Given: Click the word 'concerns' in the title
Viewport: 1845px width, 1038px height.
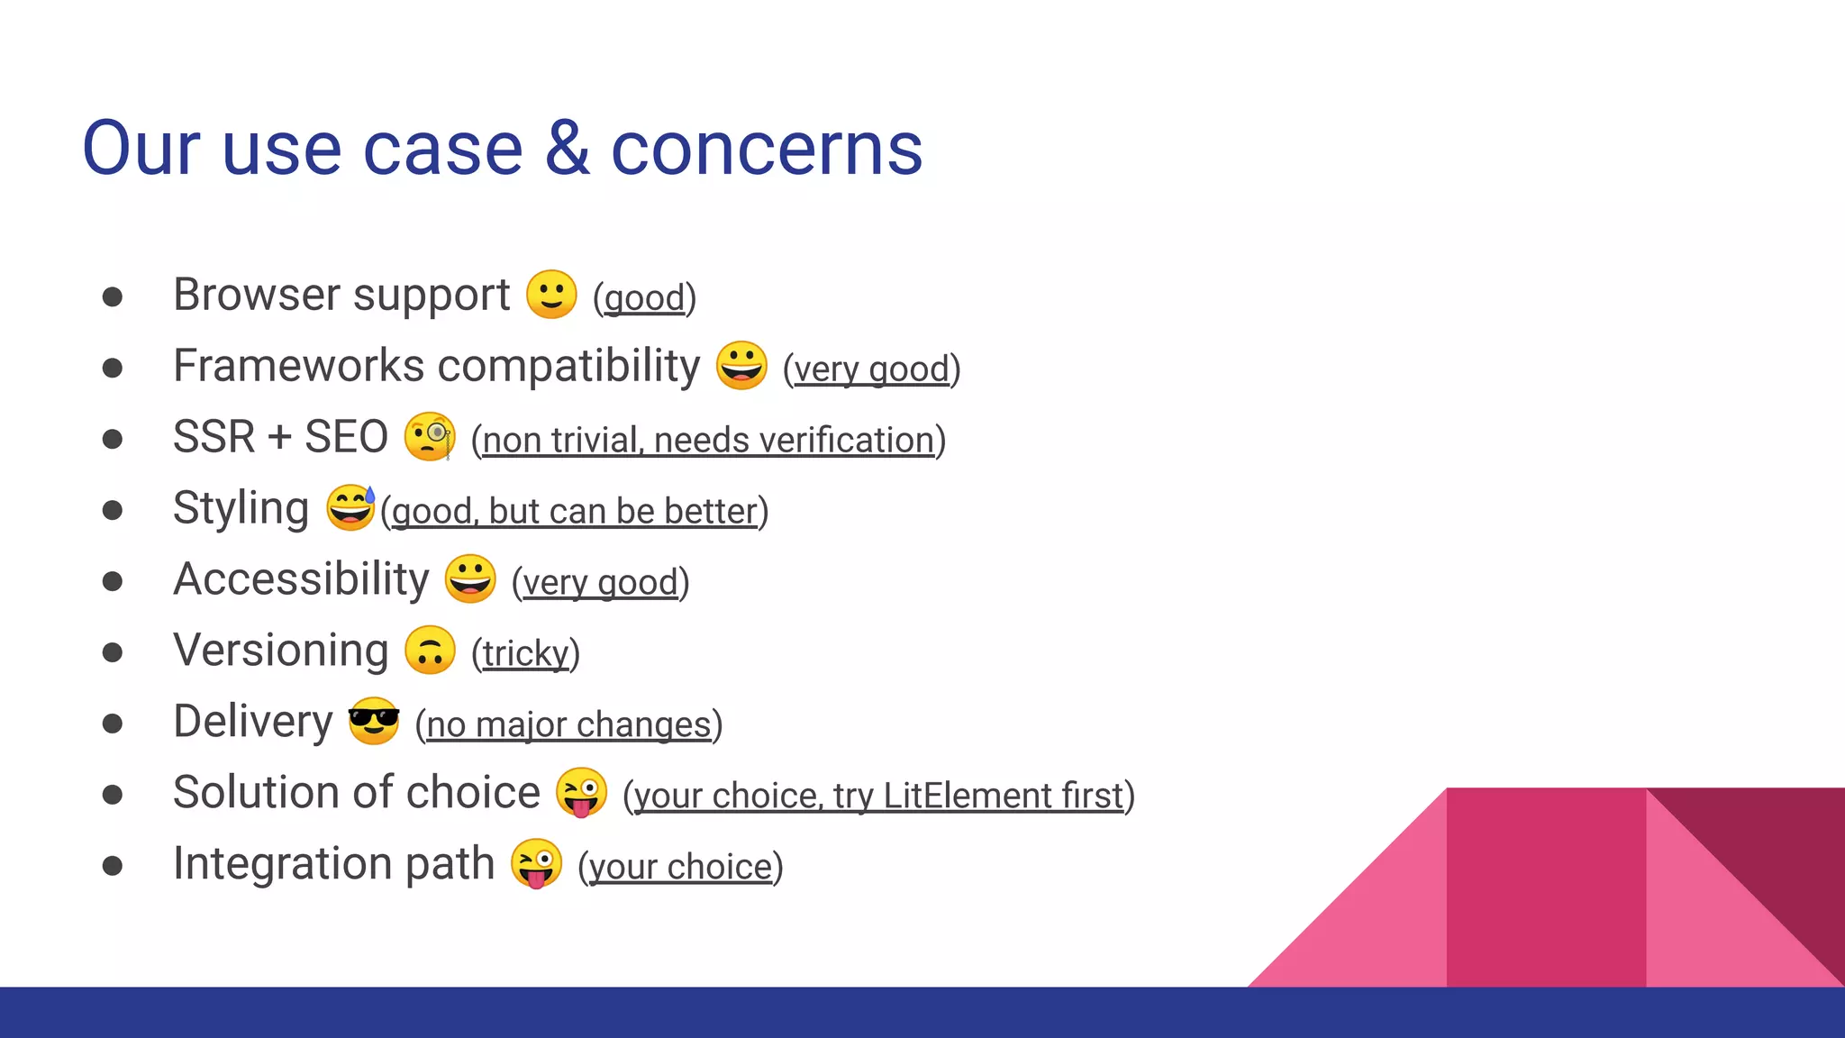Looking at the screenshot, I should coord(767,149).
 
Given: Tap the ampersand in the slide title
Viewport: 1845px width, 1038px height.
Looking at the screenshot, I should coord(568,149).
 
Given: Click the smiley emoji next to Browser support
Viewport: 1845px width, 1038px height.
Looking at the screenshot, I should coord(551,295).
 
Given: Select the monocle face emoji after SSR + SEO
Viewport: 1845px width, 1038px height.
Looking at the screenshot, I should coord(430,437).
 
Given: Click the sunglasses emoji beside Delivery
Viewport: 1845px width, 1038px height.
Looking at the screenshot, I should coord(374,721).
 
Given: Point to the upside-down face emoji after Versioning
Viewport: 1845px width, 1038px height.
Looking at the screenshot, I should coord(430,650).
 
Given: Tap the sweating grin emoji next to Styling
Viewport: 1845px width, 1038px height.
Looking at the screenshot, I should coord(350,507).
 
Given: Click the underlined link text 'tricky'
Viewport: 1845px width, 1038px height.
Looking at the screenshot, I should coord(526,653).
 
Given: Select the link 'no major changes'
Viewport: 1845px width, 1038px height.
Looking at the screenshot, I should coord(568,724).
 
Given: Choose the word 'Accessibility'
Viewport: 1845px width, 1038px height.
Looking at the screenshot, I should coord(301,579).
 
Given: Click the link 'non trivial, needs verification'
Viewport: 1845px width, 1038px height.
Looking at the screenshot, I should coord(708,441).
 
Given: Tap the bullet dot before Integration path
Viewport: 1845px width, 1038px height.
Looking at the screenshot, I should coord(113,866).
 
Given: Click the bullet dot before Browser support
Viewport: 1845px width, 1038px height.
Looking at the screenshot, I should coord(113,296).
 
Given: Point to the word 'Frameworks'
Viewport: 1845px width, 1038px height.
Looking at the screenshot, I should coord(298,366).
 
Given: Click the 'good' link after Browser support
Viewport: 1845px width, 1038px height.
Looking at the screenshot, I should coord(644,298).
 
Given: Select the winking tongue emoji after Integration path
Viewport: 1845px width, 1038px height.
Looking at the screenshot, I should coord(536,863).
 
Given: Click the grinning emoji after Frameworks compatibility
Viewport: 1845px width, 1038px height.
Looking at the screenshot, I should coord(741,366).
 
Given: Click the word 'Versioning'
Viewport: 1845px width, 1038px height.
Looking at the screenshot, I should coord(280,650).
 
